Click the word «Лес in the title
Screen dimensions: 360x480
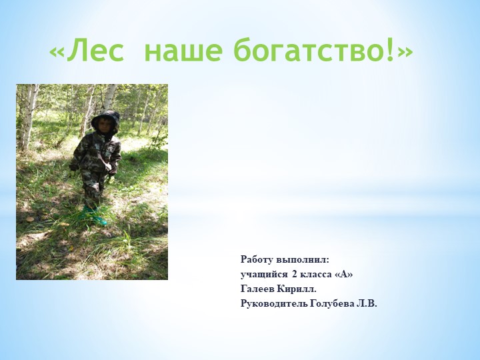[x=87, y=51]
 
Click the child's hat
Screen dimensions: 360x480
[x=105, y=120]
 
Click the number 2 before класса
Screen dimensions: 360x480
[x=294, y=275]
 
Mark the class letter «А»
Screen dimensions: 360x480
[x=344, y=275]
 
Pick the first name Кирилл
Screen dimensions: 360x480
[x=297, y=289]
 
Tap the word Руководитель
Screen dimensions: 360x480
[x=274, y=304]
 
